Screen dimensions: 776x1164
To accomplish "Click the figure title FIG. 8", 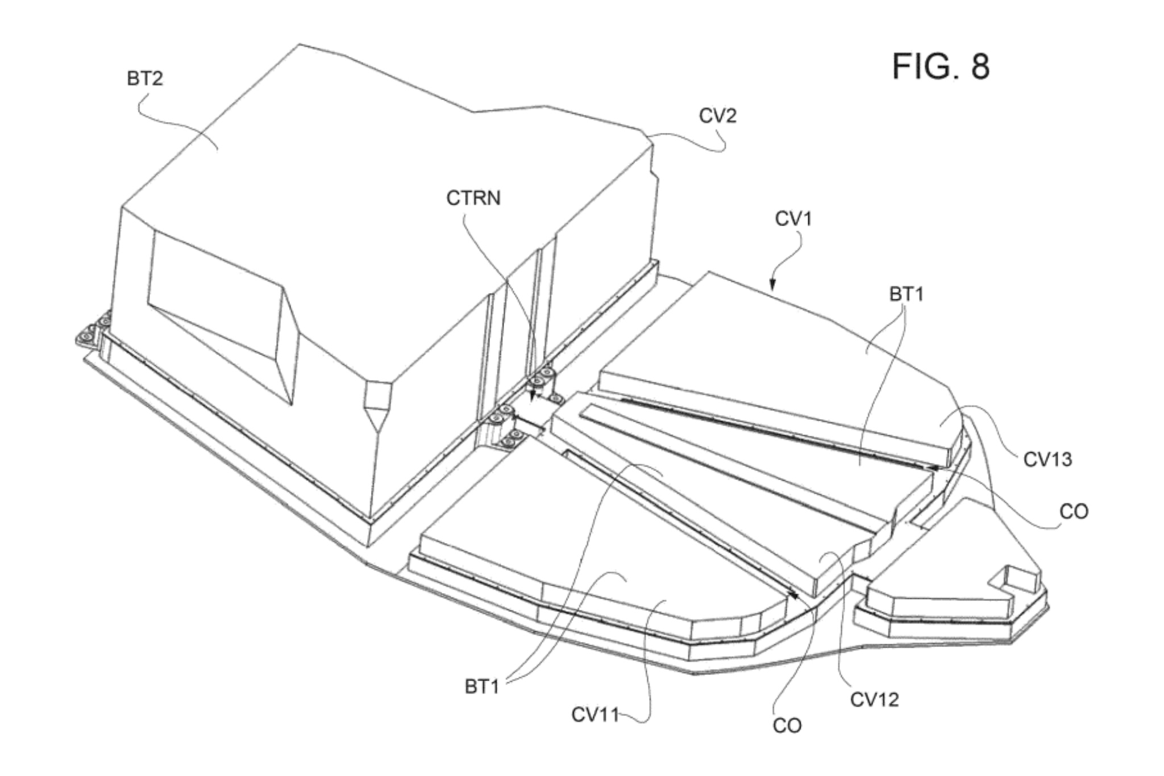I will [941, 67].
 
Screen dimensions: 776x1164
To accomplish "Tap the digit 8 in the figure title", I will [980, 67].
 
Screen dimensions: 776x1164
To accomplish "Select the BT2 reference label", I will [144, 78].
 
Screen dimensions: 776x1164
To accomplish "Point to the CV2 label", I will [717, 116].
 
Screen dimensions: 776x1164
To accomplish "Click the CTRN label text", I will [473, 198].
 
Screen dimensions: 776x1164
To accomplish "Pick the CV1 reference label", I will [793, 219].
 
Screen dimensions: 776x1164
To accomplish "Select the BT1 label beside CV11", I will [482, 686].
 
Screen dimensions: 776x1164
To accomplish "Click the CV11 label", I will [595, 715].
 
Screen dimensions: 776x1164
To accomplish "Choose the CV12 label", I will [874, 700].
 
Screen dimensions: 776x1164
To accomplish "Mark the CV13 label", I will [1047, 459].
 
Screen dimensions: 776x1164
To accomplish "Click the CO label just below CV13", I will [1074, 512].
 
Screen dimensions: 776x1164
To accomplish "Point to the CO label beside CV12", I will [787, 725].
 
